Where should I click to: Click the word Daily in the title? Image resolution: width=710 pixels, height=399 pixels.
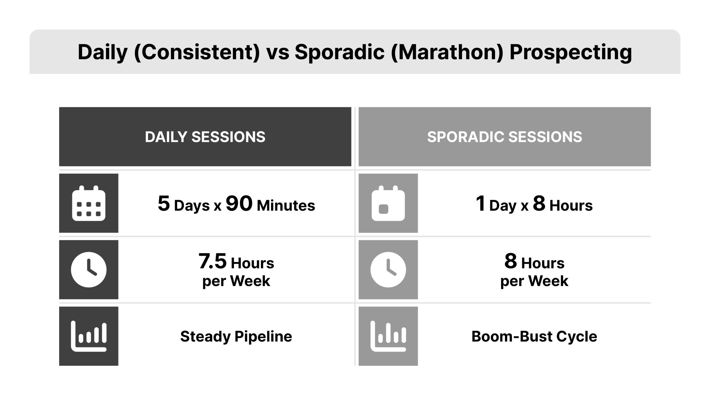tap(102, 52)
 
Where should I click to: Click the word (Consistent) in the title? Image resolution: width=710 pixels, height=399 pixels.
tap(197, 52)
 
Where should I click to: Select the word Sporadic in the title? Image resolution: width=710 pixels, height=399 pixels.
tap(339, 52)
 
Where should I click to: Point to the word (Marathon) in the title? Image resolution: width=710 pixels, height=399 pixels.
tap(447, 52)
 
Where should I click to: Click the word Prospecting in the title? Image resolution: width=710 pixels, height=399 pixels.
tap(571, 52)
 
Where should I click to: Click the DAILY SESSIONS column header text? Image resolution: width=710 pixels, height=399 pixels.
tap(205, 137)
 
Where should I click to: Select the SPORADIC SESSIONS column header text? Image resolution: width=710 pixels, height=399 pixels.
tap(504, 137)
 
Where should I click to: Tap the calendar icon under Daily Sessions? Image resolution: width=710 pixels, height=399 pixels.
tap(89, 203)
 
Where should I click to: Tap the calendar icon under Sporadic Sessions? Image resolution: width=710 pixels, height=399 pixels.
tap(388, 203)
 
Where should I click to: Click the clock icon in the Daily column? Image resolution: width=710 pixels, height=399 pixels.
tap(89, 270)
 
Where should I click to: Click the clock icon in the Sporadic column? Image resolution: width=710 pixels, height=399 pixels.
tap(388, 270)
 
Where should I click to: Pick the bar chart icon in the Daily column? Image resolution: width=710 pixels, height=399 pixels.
tap(89, 336)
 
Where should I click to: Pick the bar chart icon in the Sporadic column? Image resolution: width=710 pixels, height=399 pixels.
tap(388, 336)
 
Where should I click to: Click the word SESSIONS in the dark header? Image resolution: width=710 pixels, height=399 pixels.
tap(228, 137)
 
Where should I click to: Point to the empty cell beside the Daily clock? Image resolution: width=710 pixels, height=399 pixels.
tap(236, 270)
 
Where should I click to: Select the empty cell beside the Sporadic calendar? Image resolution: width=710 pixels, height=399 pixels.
tap(534, 203)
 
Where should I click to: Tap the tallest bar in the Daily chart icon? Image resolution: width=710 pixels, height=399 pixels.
tap(104, 332)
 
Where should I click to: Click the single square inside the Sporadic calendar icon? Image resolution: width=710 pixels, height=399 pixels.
tap(384, 209)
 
